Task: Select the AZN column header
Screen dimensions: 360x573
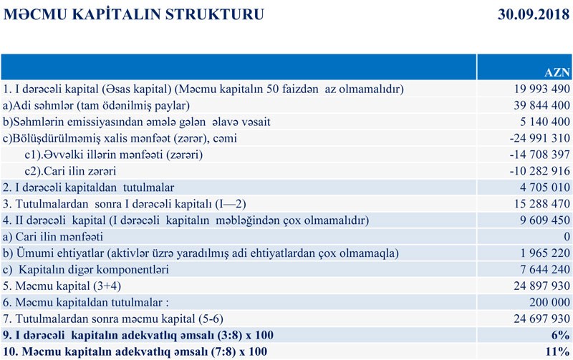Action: (x=557, y=73)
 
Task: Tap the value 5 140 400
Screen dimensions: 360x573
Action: (x=537, y=122)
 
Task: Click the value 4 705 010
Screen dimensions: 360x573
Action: (x=537, y=188)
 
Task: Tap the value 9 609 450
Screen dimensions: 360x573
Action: (x=537, y=221)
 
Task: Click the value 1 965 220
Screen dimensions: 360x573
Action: (x=537, y=253)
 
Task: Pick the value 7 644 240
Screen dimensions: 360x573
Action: (x=537, y=270)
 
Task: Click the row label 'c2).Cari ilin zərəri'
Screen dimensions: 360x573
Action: (x=74, y=172)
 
